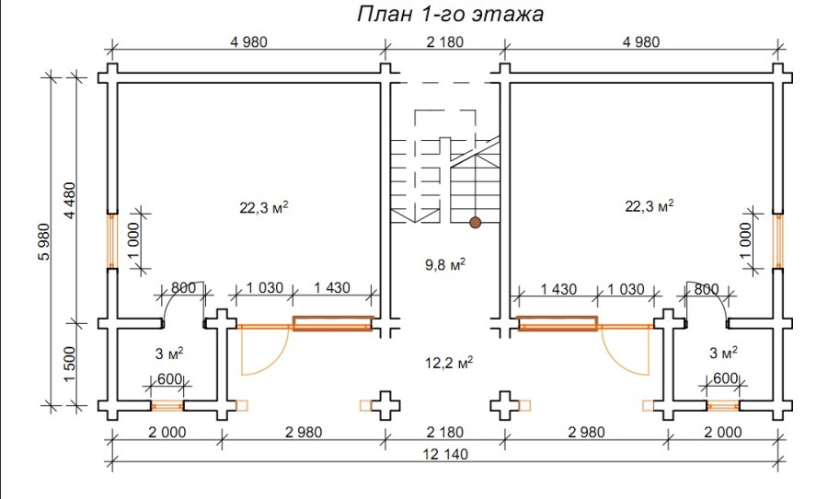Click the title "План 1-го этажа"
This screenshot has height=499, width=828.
coord(450,15)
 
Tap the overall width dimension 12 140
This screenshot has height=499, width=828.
coord(445,454)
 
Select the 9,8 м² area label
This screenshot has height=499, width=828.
coord(445,264)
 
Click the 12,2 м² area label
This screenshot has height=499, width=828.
coord(448,363)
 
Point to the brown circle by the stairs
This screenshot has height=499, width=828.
coord(476,223)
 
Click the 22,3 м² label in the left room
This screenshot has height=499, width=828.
coord(264,207)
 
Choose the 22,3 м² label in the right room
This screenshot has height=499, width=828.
coord(650,205)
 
